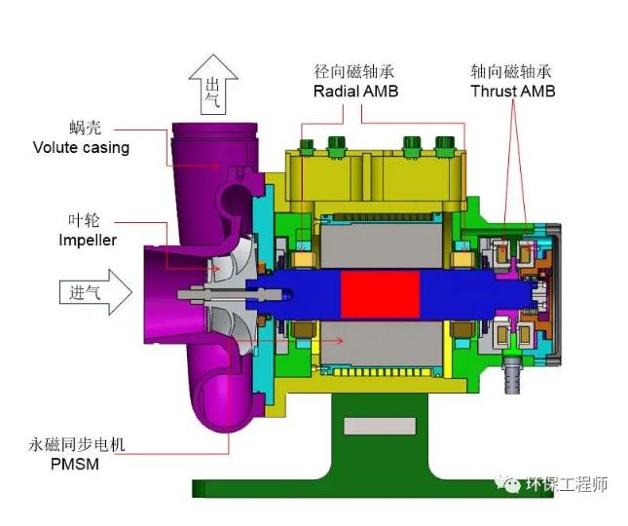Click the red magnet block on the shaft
click(380, 295)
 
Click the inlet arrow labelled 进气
click(95, 292)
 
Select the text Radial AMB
click(355, 92)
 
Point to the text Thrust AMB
click(513, 91)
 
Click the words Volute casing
click(82, 147)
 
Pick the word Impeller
click(88, 240)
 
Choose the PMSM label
click(75, 464)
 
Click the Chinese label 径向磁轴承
click(354, 72)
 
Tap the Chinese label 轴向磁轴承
click(511, 72)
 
